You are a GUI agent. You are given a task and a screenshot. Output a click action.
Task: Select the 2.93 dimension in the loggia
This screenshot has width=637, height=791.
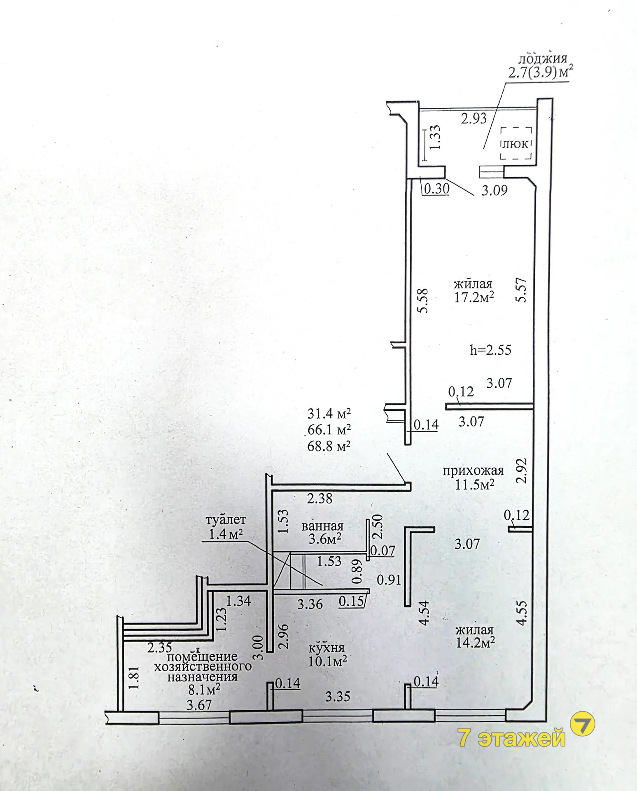click(474, 119)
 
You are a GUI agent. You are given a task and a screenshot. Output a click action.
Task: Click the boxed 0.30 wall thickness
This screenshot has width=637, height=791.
click(436, 189)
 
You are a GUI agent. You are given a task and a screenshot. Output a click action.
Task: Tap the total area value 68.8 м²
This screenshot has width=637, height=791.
click(329, 445)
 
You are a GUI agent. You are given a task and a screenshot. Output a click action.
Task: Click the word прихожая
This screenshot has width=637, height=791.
click(474, 470)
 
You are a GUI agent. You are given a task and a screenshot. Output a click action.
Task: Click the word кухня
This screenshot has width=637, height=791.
click(327, 647)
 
